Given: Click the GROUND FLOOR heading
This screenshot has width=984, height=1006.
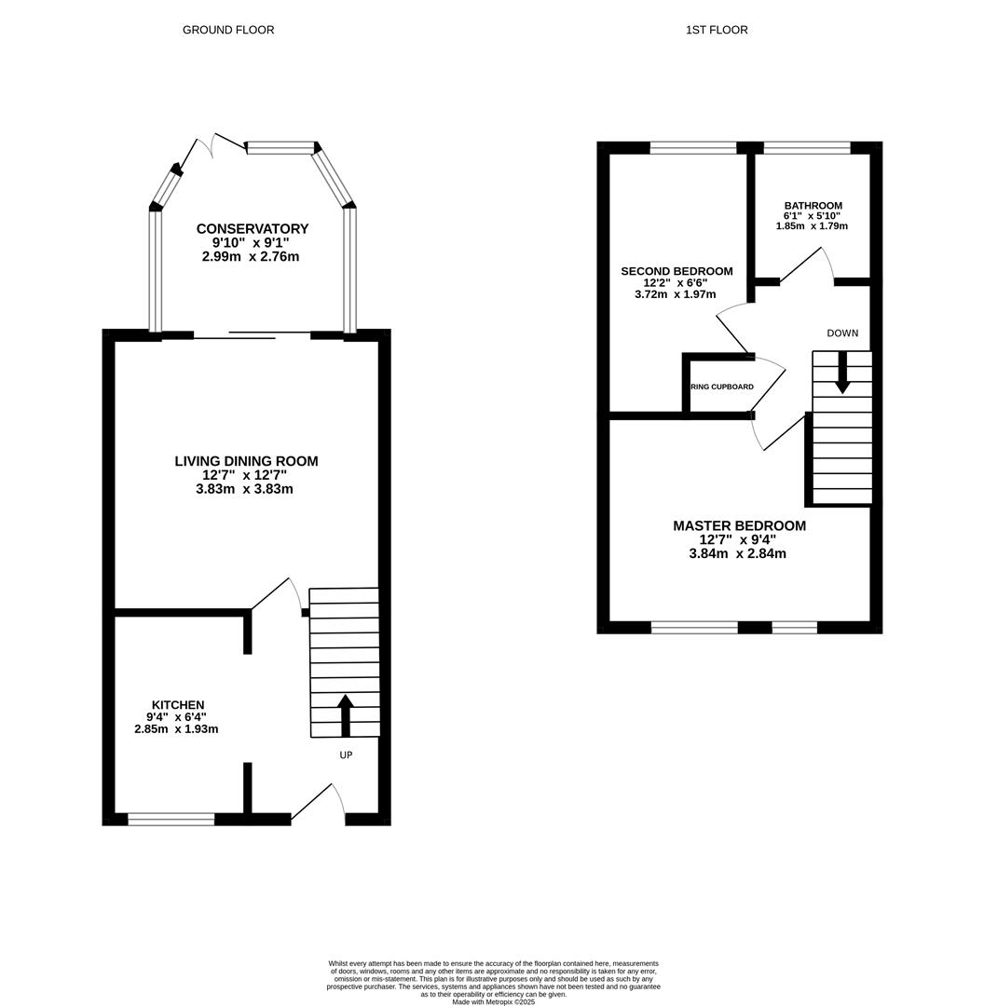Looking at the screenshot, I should click(x=228, y=30).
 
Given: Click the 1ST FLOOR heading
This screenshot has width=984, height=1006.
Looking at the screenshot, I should click(x=717, y=30).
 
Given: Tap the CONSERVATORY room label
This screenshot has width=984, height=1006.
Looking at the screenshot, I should click(x=252, y=229).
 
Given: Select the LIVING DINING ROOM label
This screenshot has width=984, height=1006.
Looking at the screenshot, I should click(x=246, y=461).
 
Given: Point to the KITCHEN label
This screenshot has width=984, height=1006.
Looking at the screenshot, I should click(x=178, y=705).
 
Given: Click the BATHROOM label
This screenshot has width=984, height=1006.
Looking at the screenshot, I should click(x=813, y=206).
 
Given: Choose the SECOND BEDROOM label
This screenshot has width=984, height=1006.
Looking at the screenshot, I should click(x=676, y=271).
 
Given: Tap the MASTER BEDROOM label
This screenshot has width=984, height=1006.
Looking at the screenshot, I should click(x=739, y=526).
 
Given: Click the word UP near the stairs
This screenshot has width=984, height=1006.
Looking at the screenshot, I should click(x=346, y=754).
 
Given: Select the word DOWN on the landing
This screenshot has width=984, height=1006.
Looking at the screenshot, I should click(x=842, y=333).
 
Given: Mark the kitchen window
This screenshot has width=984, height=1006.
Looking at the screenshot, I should click(x=171, y=819).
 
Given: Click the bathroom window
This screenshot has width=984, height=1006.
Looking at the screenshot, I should click(x=807, y=147).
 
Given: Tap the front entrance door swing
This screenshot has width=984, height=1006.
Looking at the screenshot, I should click(x=321, y=801).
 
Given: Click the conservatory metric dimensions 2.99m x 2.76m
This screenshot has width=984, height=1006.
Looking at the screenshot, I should click(x=251, y=256).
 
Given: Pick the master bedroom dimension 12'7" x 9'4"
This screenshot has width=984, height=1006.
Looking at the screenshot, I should click(x=738, y=539).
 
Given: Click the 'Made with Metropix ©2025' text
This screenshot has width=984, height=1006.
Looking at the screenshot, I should click(x=494, y=1001).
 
